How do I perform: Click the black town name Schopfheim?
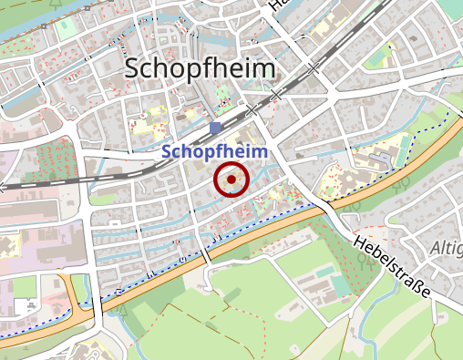[200, 68]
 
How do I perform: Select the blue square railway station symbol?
[215, 129]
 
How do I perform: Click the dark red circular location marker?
[231, 180]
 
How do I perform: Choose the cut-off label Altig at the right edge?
[447, 248]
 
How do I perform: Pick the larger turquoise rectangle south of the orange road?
[338, 285]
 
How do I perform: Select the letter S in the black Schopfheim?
[134, 68]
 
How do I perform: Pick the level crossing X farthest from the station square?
[314, 67]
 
